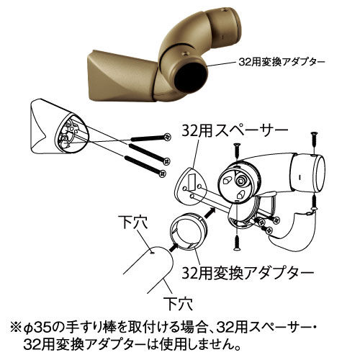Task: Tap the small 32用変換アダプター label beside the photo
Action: (x=280, y=62)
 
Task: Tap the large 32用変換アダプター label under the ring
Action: (x=248, y=274)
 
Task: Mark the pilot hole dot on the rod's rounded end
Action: (x=151, y=252)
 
